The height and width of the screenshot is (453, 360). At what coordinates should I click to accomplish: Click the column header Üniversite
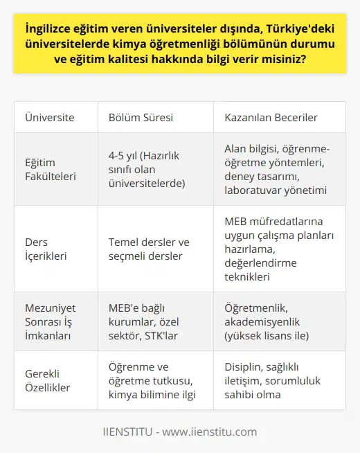pyautogui.click(x=50, y=117)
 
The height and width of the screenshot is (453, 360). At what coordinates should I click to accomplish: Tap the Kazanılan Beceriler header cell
pyautogui.click(x=271, y=117)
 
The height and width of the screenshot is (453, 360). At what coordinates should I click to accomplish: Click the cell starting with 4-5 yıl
pyautogui.click(x=148, y=169)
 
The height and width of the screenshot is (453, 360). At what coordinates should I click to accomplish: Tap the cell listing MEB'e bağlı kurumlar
pyautogui.click(x=149, y=321)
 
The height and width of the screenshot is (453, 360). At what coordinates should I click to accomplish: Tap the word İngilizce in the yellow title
pyautogui.click(x=51, y=29)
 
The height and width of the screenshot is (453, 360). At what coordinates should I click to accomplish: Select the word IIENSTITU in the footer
pyautogui.click(x=126, y=432)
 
